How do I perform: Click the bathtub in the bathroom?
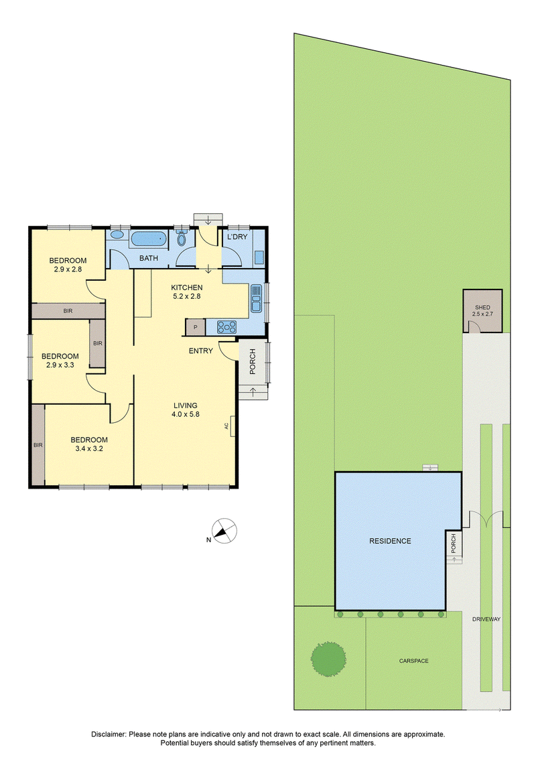(x=148, y=239)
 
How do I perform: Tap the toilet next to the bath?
(x=182, y=239)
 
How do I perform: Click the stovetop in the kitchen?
(x=227, y=327)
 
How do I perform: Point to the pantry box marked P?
(x=195, y=327)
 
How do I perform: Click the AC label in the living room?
(x=226, y=426)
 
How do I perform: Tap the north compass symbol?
(x=224, y=531)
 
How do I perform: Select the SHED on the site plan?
(x=482, y=311)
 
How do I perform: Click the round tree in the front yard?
(x=329, y=659)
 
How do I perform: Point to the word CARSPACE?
(x=413, y=661)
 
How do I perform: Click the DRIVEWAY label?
(x=486, y=619)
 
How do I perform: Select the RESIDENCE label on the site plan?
(x=390, y=541)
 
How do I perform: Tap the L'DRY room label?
(x=237, y=237)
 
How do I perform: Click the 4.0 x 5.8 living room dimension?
(x=186, y=414)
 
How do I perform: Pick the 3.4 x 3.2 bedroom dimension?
(x=89, y=448)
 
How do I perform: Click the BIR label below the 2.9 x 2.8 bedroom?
(x=68, y=311)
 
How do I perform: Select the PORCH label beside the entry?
(x=253, y=362)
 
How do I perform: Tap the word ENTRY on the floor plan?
(x=200, y=351)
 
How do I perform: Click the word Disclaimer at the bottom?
(x=109, y=734)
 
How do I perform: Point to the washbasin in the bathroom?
(x=117, y=235)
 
